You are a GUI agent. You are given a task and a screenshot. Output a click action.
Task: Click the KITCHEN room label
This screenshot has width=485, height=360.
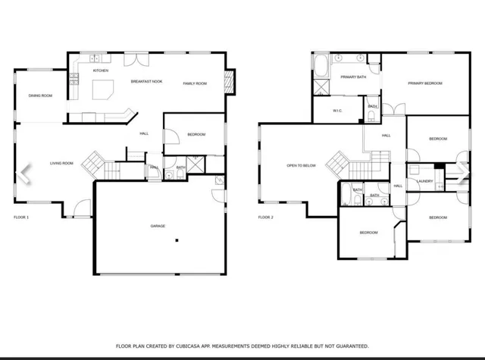pos(101,70)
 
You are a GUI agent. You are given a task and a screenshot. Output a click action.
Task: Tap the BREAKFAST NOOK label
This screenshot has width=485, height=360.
pos(145,81)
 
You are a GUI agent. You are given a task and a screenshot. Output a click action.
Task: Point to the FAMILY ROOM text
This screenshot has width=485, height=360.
pos(195,83)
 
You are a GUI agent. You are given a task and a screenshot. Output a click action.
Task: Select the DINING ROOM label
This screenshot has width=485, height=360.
pos(40,95)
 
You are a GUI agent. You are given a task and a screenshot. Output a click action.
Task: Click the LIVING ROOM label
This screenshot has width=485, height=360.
pos(61,163)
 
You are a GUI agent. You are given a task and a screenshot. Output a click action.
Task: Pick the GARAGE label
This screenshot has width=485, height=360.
pos(158,226)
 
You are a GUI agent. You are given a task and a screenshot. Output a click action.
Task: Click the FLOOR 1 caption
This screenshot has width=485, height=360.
pos(21,218)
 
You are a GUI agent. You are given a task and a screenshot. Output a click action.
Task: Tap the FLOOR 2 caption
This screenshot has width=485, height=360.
pos(265,218)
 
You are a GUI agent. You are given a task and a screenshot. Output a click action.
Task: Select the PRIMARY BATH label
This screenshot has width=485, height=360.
pos(352,77)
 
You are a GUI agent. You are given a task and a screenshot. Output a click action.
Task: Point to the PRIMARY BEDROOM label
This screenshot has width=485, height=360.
pos(424,83)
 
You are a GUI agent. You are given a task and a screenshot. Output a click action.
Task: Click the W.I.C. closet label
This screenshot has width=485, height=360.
pos(339,111)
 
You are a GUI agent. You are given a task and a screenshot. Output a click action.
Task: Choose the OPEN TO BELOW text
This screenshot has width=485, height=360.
pos(301,165)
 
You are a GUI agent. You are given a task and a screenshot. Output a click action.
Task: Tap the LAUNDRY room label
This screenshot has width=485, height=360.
pos(424,181)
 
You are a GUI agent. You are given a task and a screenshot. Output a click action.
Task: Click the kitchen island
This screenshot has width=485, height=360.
pos(102,91)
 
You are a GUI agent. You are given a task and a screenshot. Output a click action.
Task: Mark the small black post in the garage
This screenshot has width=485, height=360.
pos(177,241)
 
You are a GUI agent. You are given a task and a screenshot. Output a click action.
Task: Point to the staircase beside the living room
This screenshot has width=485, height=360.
pos(94,161)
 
